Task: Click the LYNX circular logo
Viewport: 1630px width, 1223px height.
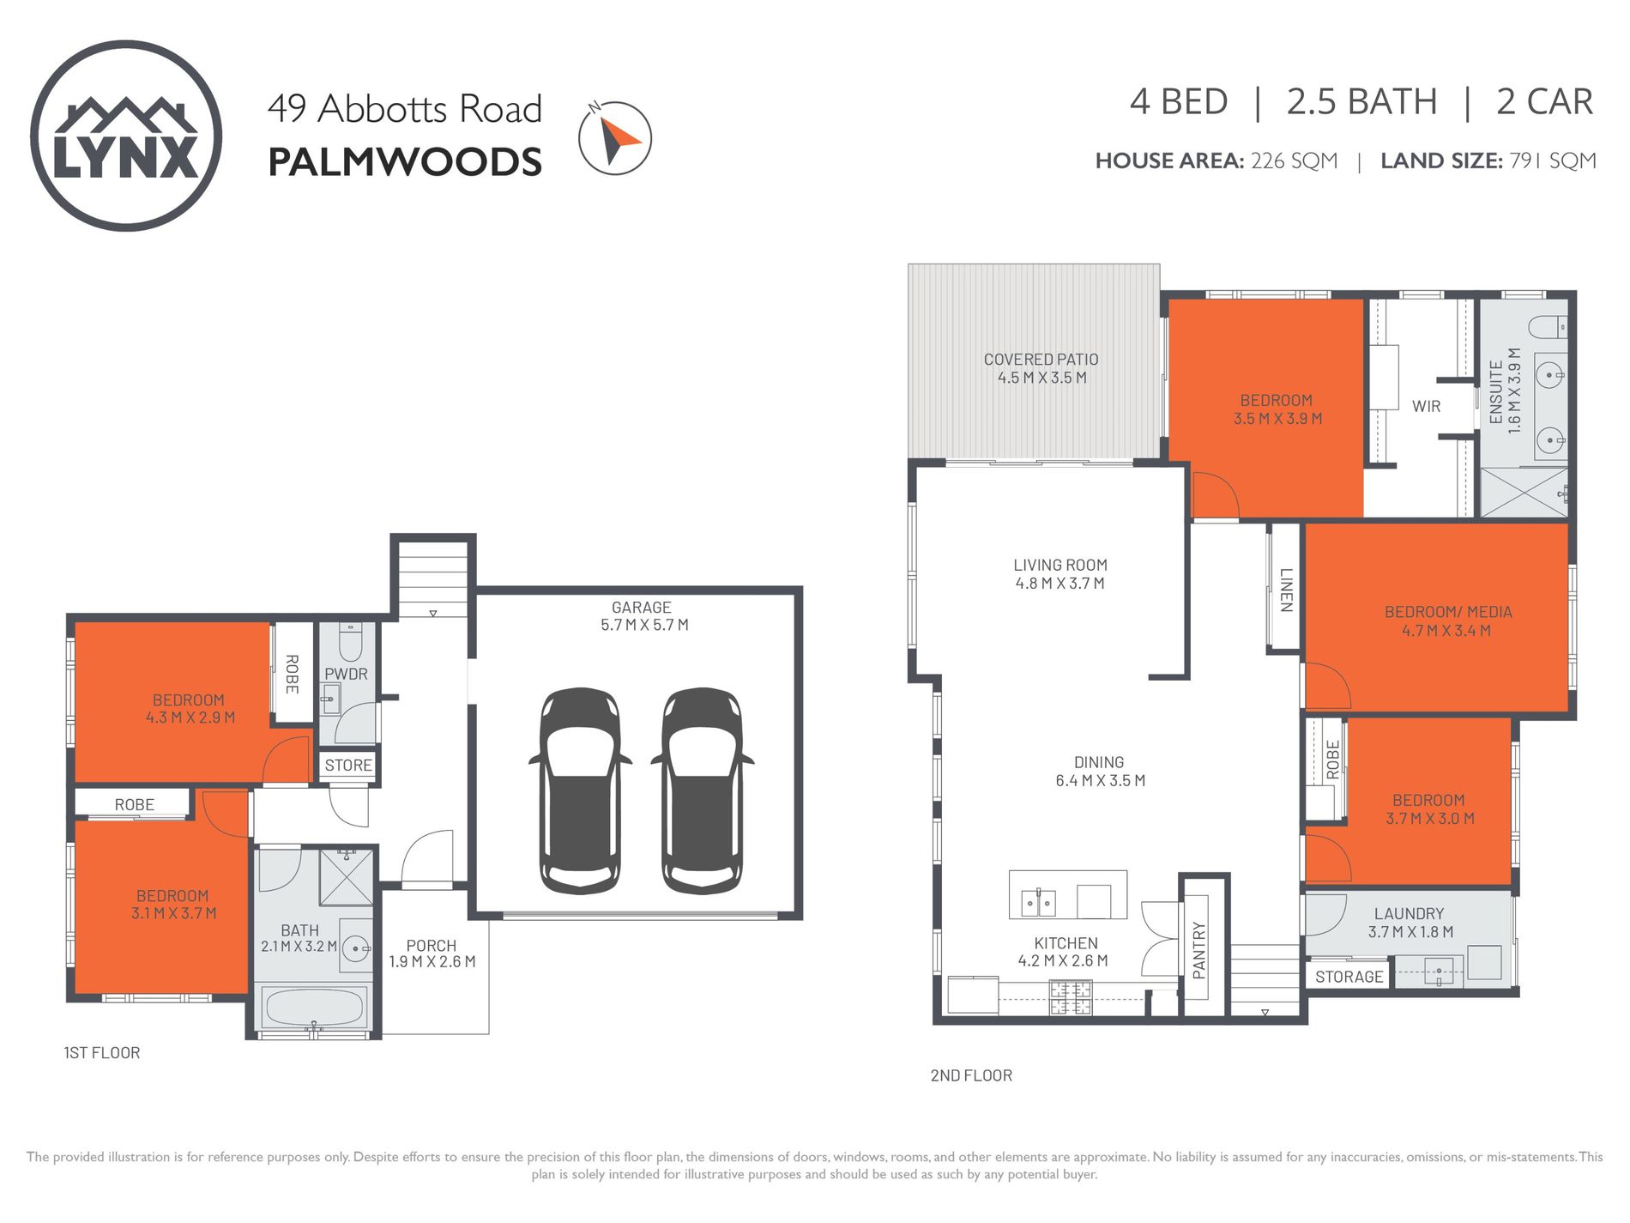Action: click(x=126, y=136)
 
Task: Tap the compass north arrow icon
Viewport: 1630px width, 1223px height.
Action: click(x=614, y=138)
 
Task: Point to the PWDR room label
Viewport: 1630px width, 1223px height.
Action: click(x=346, y=675)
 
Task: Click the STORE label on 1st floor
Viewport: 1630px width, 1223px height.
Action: click(x=348, y=766)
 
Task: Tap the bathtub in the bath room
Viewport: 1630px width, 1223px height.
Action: click(x=315, y=1008)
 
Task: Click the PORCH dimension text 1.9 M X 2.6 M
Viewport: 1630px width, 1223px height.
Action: click(x=432, y=962)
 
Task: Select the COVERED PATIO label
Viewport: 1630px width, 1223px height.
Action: click(x=1041, y=360)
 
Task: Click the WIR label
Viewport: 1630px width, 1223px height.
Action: click(x=1426, y=407)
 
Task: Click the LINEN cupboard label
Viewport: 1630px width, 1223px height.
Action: click(x=1285, y=590)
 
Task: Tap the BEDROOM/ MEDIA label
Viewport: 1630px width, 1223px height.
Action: click(x=1448, y=612)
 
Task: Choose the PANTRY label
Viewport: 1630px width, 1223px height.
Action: click(x=1198, y=950)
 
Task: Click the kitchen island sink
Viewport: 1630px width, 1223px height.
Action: click(x=1038, y=902)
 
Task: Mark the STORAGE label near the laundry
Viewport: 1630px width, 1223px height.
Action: click(x=1349, y=977)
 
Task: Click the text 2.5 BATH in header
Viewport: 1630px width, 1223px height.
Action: click(x=1361, y=101)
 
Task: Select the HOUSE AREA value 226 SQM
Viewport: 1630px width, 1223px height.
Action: click(x=1294, y=160)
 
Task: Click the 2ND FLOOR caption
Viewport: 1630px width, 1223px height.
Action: click(x=971, y=1075)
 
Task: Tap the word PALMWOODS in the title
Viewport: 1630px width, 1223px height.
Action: click(x=405, y=162)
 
